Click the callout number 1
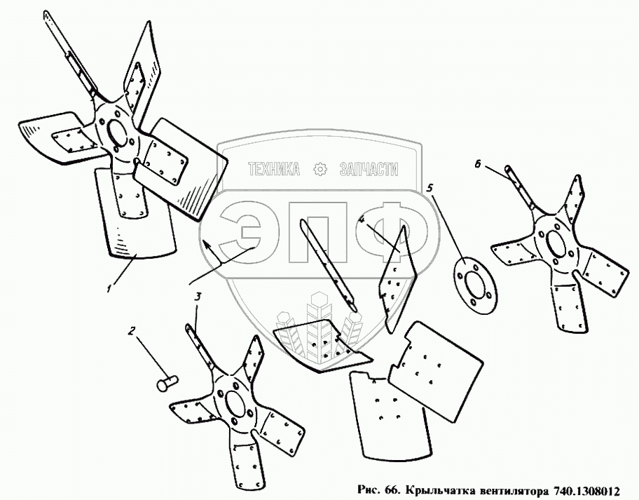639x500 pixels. click(x=109, y=288)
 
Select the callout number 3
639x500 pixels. click(x=198, y=298)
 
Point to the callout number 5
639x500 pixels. click(x=430, y=188)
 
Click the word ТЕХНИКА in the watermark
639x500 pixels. click(x=274, y=169)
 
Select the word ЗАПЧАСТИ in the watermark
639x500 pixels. click(x=368, y=169)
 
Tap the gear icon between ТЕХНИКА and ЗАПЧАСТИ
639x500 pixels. click(x=319, y=168)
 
